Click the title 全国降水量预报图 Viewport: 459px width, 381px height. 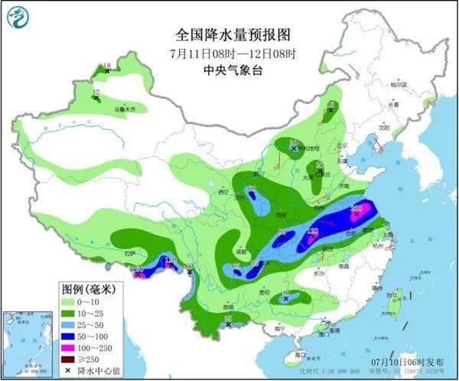pyautogui.click(x=233, y=34)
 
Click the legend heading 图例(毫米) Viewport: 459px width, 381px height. pyautogui.click(x=88, y=289)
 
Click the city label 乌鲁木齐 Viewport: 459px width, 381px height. pyautogui.click(x=125, y=110)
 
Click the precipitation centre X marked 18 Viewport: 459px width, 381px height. pyautogui.click(x=107, y=70)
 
